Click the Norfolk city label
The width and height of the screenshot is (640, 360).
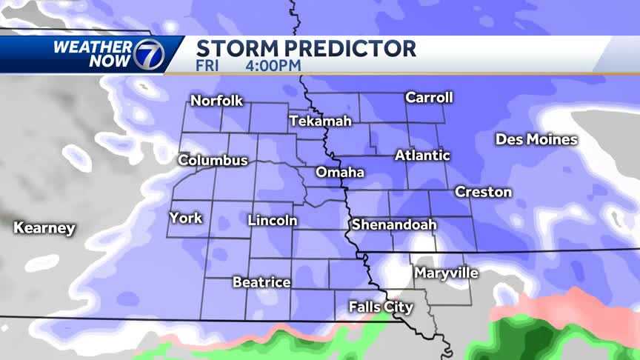pos(217,101)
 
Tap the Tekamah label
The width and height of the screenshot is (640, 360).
pos(320,121)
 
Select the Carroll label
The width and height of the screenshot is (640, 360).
pos(429,98)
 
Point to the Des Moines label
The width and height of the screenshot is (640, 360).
pos(536,139)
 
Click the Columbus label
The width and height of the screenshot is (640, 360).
pos(213,160)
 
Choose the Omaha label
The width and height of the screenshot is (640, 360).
pos(340,173)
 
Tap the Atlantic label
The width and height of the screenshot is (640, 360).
pos(422,156)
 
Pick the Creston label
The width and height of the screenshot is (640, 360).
pos(483,192)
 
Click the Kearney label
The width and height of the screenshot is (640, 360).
pos(44,228)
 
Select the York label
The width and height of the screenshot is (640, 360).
pos(186,218)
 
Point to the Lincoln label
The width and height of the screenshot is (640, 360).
pos(273,221)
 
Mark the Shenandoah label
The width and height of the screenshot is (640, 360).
pos(394,224)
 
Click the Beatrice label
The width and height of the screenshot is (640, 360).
pos(261,282)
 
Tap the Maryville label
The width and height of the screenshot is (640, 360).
pos(446,273)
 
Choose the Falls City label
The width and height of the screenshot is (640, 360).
pos(381,307)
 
